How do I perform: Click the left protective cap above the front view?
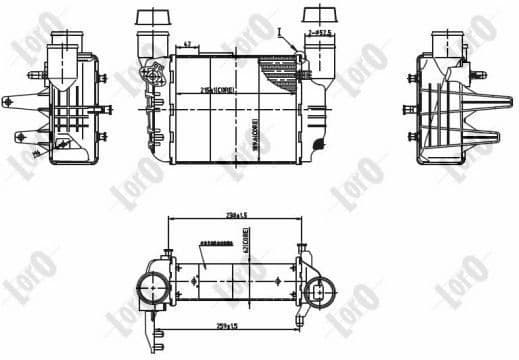(151, 17)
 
